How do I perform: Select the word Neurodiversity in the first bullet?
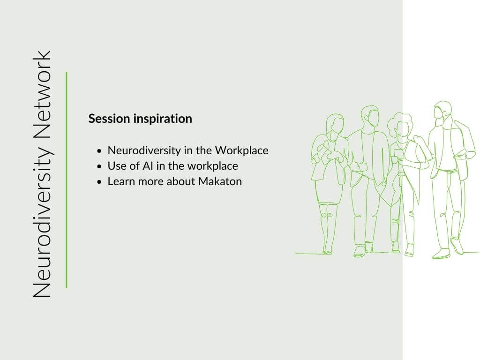coord(144,151)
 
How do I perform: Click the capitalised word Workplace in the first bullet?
coord(241,151)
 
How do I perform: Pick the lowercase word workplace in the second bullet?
coord(212,166)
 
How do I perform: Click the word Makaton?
coord(220,181)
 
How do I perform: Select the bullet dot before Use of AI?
coord(99,167)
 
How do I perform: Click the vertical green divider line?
coord(67,180)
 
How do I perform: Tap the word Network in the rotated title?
coord(42,94)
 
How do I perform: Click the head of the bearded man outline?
coord(442,112)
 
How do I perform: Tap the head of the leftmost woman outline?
coord(335,124)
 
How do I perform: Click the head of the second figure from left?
coord(370,117)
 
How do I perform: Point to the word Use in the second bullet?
coord(116,166)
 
